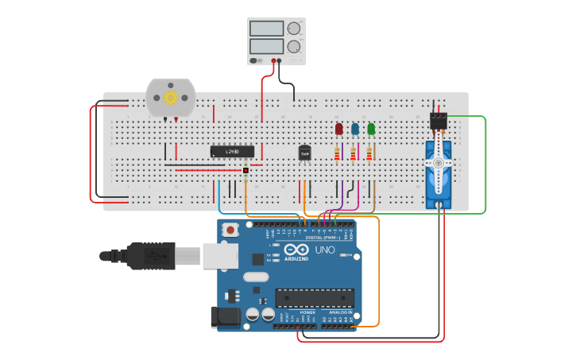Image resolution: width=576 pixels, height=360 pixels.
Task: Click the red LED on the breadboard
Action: coord(338,128)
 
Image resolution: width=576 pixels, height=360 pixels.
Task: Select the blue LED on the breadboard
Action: coord(355,128)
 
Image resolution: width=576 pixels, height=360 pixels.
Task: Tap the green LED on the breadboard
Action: coord(371,128)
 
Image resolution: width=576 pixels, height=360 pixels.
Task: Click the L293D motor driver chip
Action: coord(232,151)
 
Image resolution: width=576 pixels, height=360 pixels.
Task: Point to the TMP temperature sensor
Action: coord(304,153)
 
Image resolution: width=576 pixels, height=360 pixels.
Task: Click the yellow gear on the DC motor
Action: coord(170,98)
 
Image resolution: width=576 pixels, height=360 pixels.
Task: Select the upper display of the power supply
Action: coord(266,29)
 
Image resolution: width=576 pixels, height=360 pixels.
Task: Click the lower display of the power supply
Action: coord(266,46)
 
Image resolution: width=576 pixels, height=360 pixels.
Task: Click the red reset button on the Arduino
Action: coord(230,230)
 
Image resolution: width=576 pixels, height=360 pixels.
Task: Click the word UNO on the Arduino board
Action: coord(325,250)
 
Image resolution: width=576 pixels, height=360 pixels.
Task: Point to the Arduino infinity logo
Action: coord(296,249)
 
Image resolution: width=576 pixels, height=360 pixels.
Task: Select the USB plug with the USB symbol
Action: coord(150,256)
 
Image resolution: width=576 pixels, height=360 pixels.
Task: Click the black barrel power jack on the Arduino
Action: coord(225,318)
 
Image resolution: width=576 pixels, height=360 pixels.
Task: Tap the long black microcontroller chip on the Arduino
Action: coord(315,298)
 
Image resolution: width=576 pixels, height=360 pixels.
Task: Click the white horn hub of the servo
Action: coord(438,163)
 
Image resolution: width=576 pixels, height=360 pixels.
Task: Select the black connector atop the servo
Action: coord(438,121)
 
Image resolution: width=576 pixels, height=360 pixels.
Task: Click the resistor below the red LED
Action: coord(338,153)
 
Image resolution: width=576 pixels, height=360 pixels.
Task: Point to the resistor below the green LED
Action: coord(369,153)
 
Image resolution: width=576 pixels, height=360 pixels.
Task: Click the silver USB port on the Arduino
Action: coord(220,255)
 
